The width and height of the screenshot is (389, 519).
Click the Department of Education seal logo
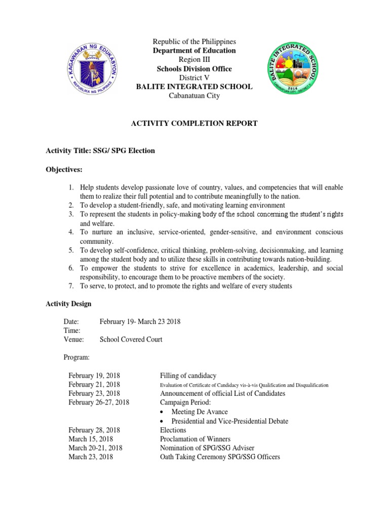pyautogui.click(x=93, y=68)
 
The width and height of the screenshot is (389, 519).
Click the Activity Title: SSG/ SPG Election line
pyautogui.click(x=100, y=151)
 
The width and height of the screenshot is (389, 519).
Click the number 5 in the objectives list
pyautogui.click(x=71, y=250)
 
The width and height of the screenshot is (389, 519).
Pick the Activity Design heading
pyautogui.click(x=69, y=304)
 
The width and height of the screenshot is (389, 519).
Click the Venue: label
pyautogui.click(x=73, y=340)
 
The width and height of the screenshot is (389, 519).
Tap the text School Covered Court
pyautogui.click(x=131, y=340)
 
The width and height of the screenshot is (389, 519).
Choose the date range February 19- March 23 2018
pyautogui.click(x=140, y=321)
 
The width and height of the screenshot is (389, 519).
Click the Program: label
pyautogui.click(x=76, y=357)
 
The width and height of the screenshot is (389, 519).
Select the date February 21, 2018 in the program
pyautogui.click(x=94, y=385)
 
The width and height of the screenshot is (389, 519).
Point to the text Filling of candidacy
pyautogui.click(x=188, y=376)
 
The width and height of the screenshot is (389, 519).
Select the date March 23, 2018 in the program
pyautogui.click(x=91, y=457)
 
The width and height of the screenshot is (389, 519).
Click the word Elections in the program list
pyautogui.click(x=173, y=430)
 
